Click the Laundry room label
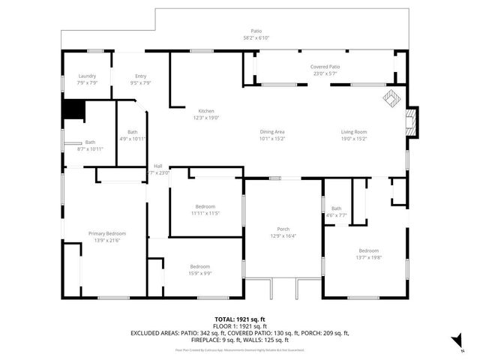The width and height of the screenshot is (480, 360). click(x=88, y=76)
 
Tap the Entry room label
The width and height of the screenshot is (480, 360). click(x=140, y=76)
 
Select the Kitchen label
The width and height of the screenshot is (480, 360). click(x=205, y=111)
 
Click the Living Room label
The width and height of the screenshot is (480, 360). click(x=353, y=132)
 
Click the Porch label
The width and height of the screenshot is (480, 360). click(x=283, y=229)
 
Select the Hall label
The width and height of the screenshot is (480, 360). click(x=158, y=166)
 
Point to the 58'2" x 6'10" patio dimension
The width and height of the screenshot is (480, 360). click(x=256, y=37)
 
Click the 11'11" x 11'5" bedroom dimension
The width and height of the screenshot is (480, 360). click(x=205, y=213)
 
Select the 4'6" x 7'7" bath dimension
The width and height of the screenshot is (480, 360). click(x=336, y=214)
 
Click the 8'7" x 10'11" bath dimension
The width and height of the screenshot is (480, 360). click(x=89, y=148)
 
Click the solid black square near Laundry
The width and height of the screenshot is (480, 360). click(x=73, y=109)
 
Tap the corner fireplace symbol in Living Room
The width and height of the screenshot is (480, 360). click(x=391, y=98)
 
